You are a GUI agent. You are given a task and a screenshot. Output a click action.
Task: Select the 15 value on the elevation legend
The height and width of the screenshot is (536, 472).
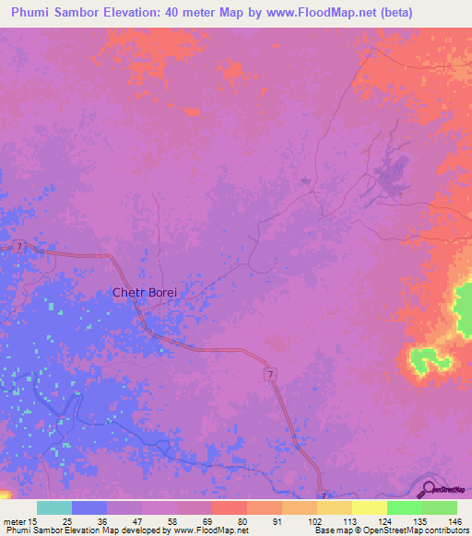pyautogui.click(x=34, y=521)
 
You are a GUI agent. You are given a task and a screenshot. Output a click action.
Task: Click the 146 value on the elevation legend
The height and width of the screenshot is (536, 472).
pyautogui.click(x=454, y=521)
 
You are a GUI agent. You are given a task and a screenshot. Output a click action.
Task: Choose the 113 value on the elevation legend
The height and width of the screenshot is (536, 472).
pyautogui.click(x=349, y=521)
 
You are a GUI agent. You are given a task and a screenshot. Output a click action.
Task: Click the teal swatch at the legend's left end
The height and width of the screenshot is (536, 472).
pyautogui.click(x=54, y=507)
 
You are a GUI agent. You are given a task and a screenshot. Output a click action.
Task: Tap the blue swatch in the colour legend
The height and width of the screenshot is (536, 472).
pyautogui.click(x=89, y=507)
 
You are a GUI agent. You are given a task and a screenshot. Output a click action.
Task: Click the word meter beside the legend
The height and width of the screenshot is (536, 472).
pyautogui.click(x=15, y=521)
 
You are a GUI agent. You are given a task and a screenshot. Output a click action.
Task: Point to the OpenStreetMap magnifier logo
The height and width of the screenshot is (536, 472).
pyautogui.click(x=430, y=489)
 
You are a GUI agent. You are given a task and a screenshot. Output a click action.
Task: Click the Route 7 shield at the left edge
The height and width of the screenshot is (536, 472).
pyautogui.click(x=18, y=246)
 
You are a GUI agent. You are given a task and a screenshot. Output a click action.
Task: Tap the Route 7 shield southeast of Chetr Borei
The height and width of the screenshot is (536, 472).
pyautogui.click(x=270, y=373)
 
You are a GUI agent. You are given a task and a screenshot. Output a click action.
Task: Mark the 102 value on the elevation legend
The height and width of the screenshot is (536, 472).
pyautogui.click(x=314, y=521)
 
